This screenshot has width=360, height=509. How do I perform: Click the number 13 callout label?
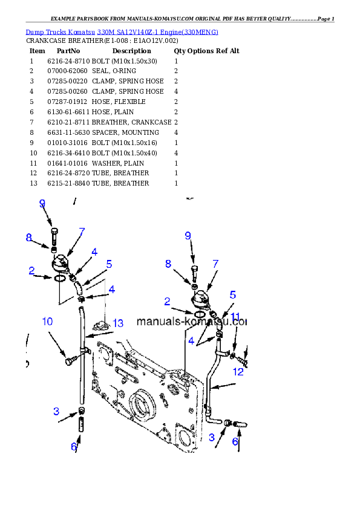[x=117, y=323]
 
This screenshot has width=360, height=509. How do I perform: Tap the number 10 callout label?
[x=48, y=321]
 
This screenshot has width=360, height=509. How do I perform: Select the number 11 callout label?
[x=236, y=317]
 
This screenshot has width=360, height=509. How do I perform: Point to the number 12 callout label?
[x=238, y=372]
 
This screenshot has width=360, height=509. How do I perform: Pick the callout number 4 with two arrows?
[x=191, y=341]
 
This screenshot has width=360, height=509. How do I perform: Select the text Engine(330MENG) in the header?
[x=197, y=31]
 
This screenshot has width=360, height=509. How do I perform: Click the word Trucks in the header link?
[x=56, y=31]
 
